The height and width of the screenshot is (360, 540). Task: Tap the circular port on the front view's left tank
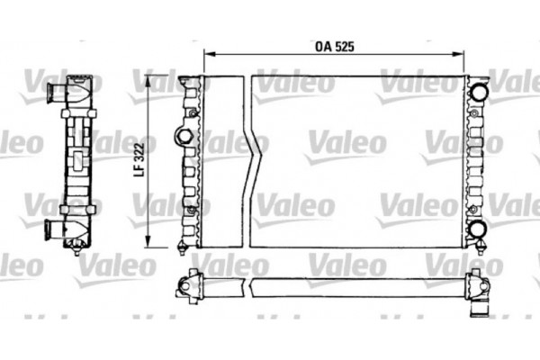pyautogui.click(x=184, y=137)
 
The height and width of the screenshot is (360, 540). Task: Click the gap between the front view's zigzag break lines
pyautogui.click(x=253, y=162)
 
